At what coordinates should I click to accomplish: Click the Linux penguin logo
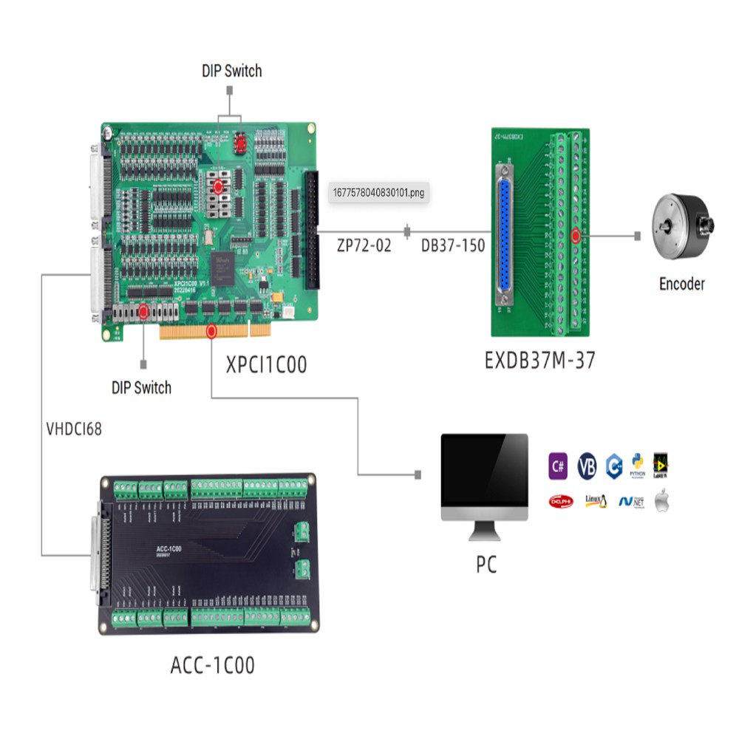coord(596,501)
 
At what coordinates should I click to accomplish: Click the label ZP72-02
coord(364,246)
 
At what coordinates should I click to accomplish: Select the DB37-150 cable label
coord(453,246)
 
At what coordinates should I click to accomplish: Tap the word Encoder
coord(681,284)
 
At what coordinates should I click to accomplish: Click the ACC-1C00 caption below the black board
coord(212,665)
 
